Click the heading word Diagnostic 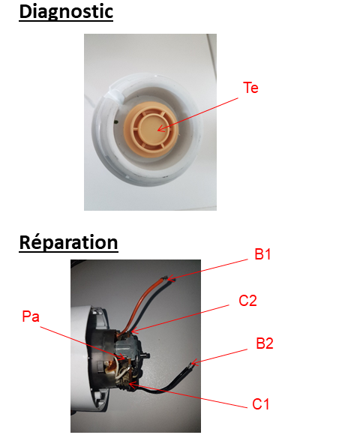(x=66, y=12)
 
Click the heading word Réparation (x=68, y=243)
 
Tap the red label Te (x=250, y=88)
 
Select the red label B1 (x=262, y=254)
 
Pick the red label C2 (x=247, y=301)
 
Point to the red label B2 (x=265, y=343)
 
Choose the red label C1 (x=261, y=404)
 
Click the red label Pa (x=31, y=316)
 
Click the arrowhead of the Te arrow (x=158, y=129)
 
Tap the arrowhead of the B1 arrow (x=168, y=279)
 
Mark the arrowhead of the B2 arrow (x=191, y=363)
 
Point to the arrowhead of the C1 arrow (x=129, y=384)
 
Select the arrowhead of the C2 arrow (x=131, y=331)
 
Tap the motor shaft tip (x=148, y=355)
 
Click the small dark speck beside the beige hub (x=116, y=121)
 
